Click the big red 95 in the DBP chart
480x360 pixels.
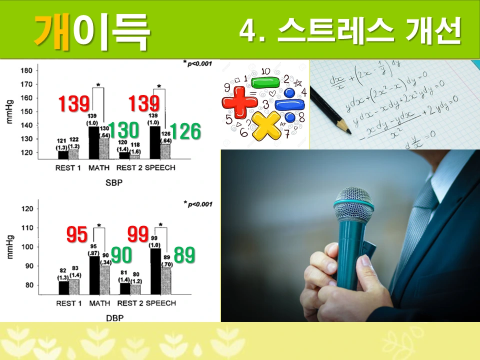(x=77, y=234)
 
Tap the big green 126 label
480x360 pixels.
(x=185, y=131)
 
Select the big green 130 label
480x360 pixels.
(x=123, y=130)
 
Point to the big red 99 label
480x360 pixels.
(x=138, y=234)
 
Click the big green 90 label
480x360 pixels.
(x=121, y=255)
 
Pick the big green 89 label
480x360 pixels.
(x=184, y=255)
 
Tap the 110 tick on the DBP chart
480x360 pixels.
(x=27, y=228)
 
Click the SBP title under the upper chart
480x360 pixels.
(x=114, y=183)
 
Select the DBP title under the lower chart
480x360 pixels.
(x=114, y=317)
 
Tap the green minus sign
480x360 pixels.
(x=265, y=82)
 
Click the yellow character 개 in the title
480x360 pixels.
(x=52, y=31)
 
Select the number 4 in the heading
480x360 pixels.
(x=249, y=31)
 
